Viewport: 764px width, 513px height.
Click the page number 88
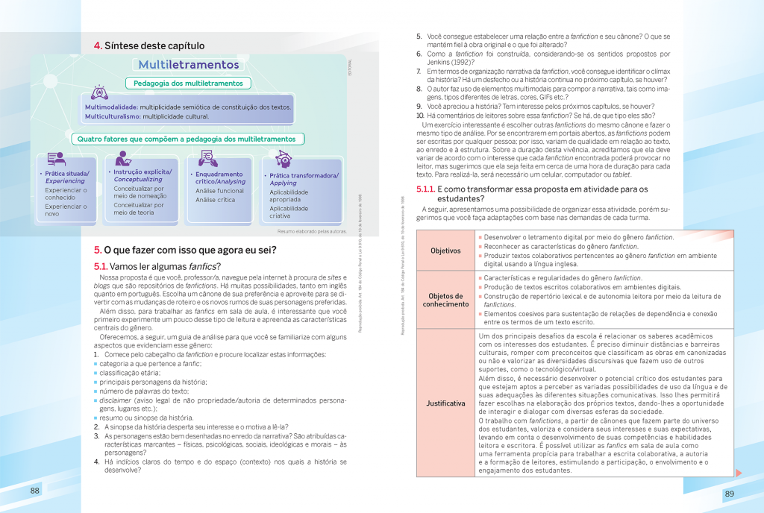35,490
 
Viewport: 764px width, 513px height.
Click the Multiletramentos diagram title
188,66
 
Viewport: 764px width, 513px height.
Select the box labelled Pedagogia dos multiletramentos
188,84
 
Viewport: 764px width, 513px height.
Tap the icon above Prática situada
55,159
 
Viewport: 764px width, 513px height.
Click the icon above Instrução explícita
124,158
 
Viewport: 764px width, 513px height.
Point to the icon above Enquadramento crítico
208,158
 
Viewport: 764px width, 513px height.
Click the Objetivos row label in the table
445,251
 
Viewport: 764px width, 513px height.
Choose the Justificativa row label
445,403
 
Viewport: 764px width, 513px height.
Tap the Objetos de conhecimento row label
445,300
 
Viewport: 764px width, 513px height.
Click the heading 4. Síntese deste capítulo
149,45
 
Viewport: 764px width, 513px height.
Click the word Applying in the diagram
284,183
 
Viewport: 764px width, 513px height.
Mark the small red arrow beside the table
738,472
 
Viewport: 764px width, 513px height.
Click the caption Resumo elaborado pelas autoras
312,231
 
